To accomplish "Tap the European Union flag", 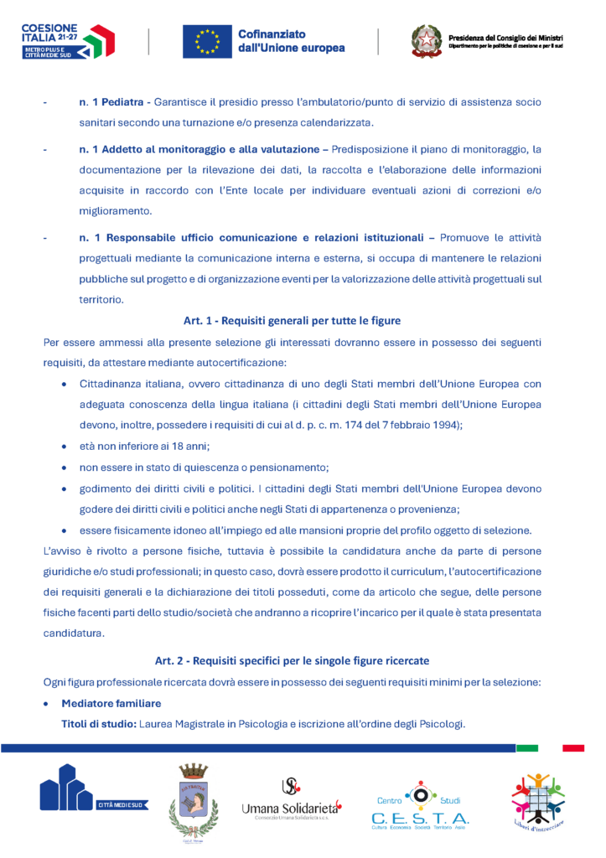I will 206,41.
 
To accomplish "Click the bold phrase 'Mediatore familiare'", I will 111,703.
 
